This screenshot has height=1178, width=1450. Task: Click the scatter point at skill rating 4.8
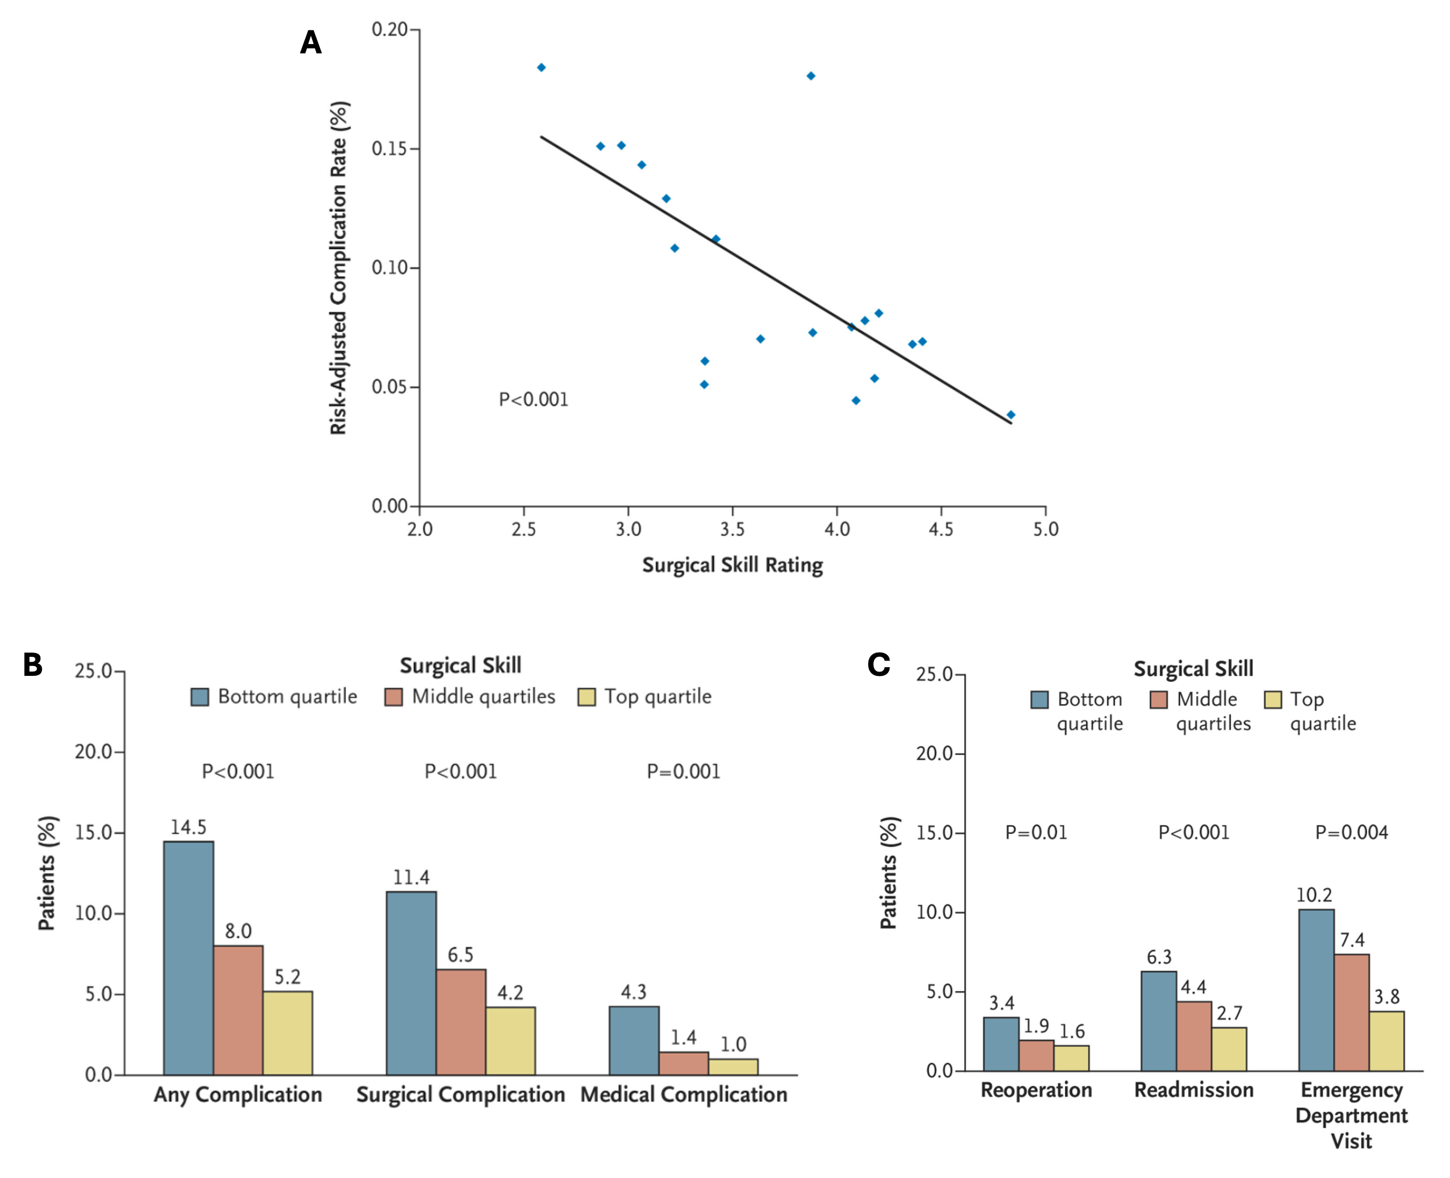coord(1011,414)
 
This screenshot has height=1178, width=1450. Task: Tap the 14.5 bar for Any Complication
coord(188,957)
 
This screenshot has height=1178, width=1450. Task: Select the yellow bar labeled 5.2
coord(288,1033)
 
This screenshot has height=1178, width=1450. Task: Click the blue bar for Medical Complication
coord(633,1040)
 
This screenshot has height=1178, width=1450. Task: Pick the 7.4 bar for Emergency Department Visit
coord(1351,1012)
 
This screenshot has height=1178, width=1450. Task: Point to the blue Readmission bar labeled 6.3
coord(1159,1021)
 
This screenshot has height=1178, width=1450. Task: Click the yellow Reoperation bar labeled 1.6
coord(1071,1058)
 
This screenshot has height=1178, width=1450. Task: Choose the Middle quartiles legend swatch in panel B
coord(393,697)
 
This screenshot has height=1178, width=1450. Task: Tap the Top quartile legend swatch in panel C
coord(1273,700)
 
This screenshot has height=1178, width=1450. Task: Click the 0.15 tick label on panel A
coord(389,149)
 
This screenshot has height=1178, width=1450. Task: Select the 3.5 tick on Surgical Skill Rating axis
coord(733,529)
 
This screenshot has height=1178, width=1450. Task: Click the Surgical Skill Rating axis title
coord(732,565)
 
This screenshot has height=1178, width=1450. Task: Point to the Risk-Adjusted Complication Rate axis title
coord(339,268)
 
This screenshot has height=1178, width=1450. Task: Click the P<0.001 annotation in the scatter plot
coord(533,400)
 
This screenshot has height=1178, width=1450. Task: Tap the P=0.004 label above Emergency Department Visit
coord(1351,832)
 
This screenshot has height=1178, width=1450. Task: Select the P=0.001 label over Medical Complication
coord(683,772)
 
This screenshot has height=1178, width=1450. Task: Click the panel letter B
coord(33,665)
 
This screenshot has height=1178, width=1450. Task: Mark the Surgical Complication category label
coord(461,1095)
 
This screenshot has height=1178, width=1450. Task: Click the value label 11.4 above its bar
coord(411,877)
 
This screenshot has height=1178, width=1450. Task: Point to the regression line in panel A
coord(776,279)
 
